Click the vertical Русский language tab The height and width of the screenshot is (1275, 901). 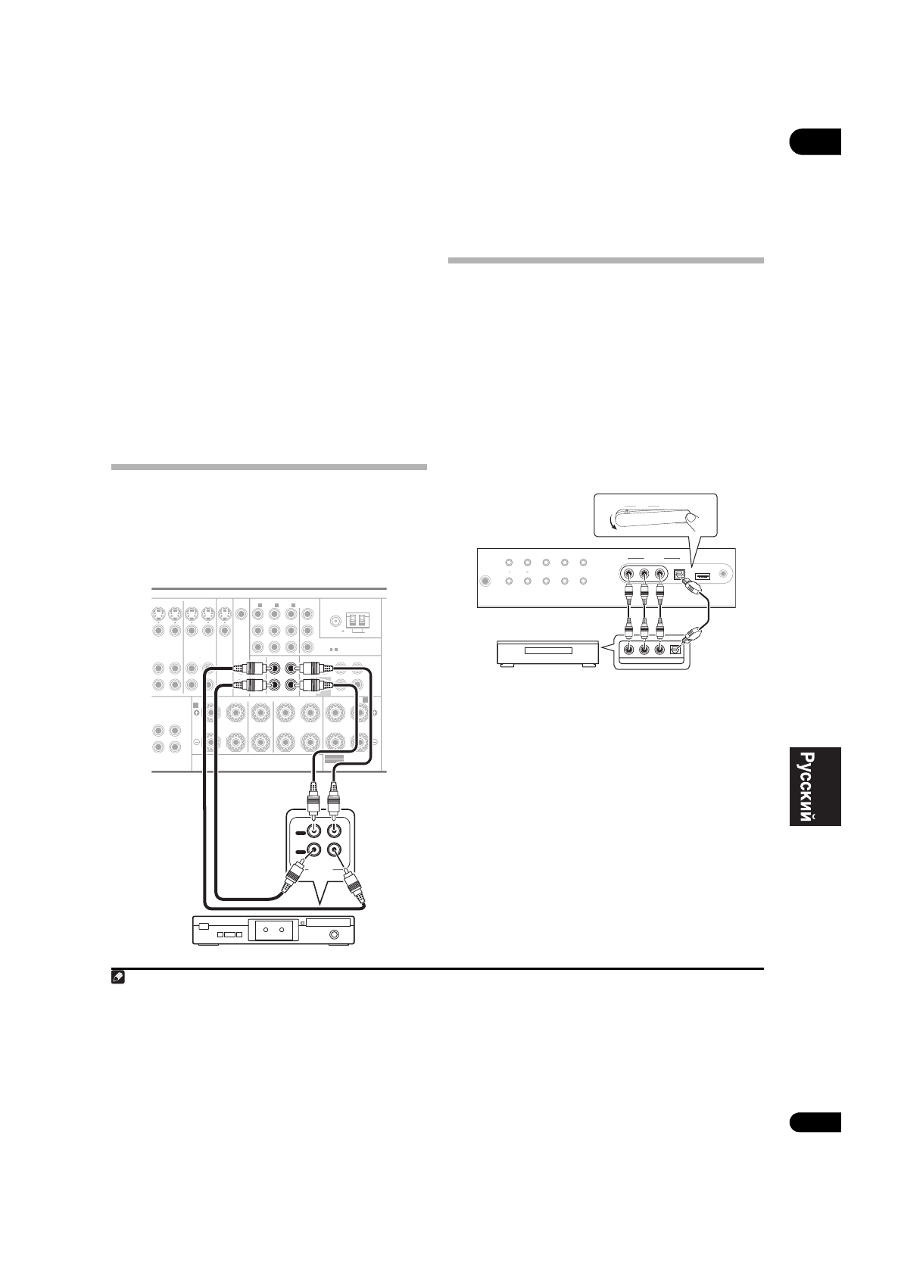tap(815, 787)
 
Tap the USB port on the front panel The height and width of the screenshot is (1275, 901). tap(701, 575)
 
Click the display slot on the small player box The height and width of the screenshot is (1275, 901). tap(547, 652)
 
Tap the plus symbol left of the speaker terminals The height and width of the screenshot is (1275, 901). tap(196, 712)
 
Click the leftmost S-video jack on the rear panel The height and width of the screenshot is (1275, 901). tap(158, 613)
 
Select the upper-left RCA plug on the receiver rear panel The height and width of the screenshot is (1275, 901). tap(248, 669)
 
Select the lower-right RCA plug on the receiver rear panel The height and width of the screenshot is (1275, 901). tap(312, 687)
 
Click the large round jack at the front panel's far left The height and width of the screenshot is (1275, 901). tap(485, 581)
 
